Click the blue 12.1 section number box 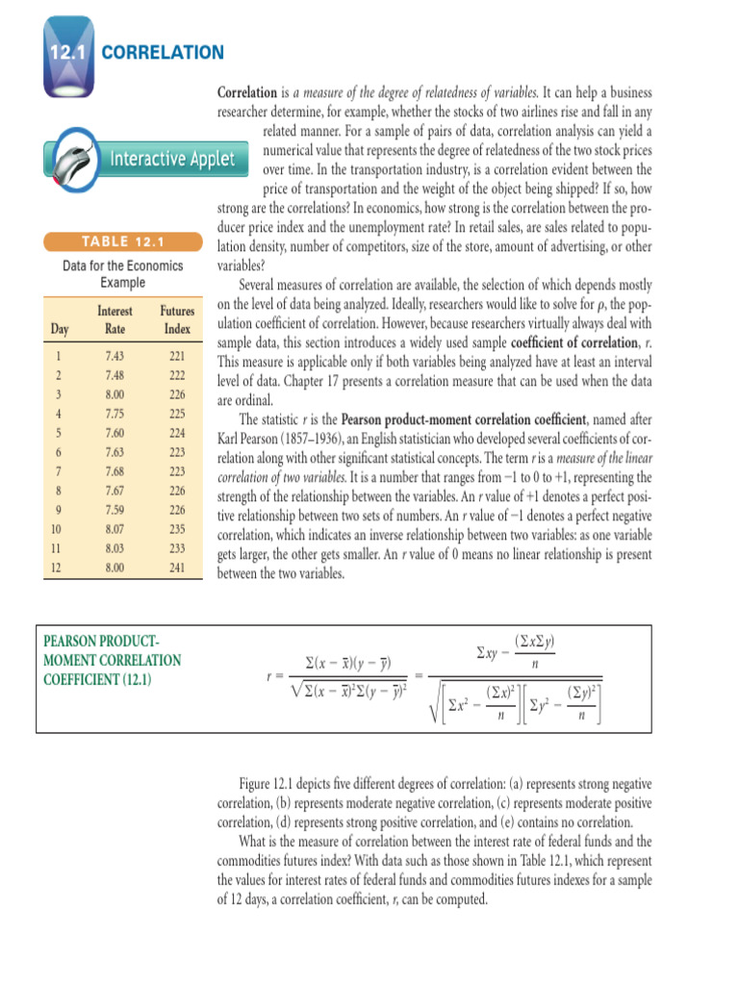tap(65, 52)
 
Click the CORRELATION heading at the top tap(163, 52)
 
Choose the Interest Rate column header tap(115, 320)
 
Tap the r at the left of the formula tap(268, 676)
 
